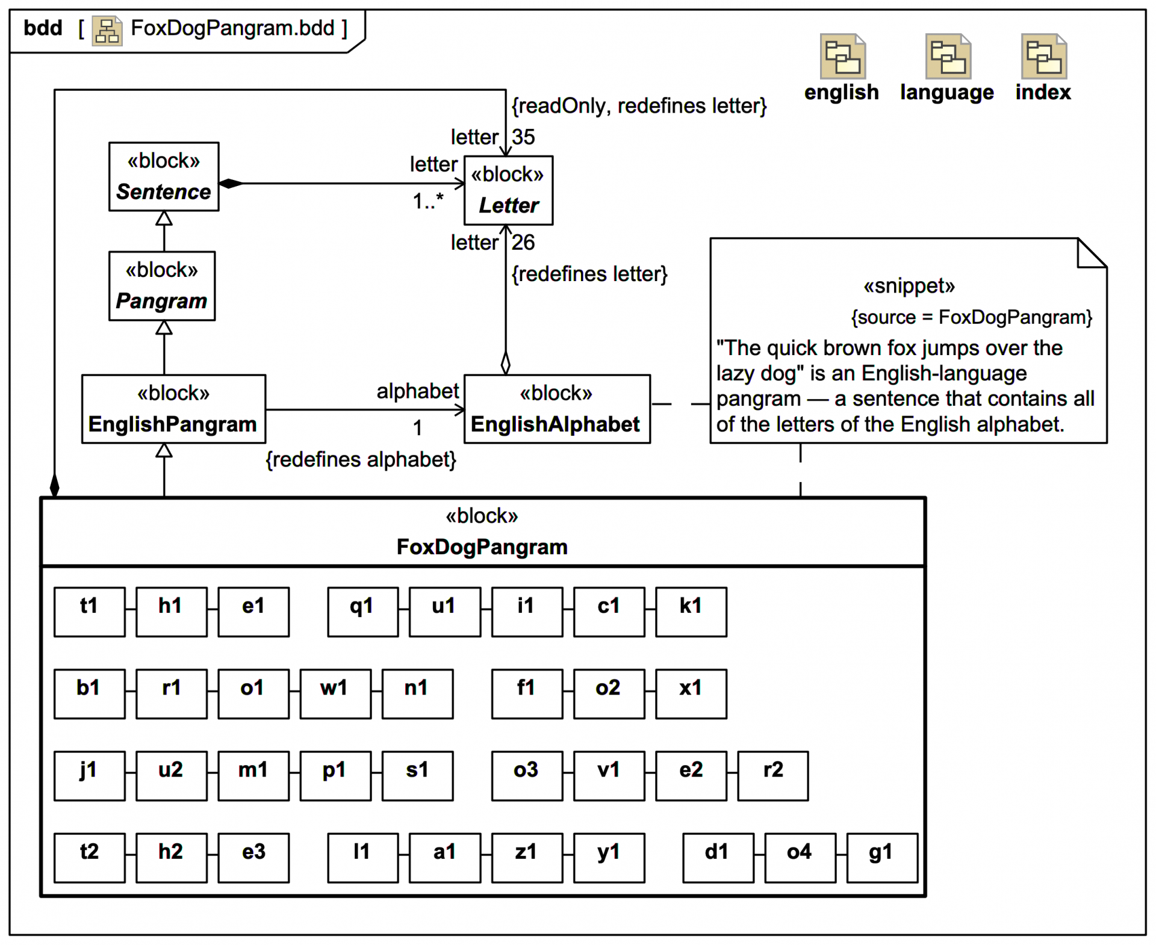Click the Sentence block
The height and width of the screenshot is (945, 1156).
click(163, 176)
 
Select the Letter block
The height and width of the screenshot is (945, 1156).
click(508, 190)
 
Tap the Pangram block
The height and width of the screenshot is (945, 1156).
click(161, 286)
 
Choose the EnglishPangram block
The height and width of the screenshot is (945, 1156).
click(173, 409)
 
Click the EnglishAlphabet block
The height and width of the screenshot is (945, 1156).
click(556, 409)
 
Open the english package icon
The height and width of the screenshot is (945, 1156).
click(842, 57)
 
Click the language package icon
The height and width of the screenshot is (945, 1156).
click(948, 57)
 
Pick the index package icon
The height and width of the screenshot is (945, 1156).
click(1043, 57)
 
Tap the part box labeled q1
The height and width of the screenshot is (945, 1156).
click(362, 612)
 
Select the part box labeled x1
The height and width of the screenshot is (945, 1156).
click(691, 693)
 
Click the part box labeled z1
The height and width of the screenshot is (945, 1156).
click(526, 857)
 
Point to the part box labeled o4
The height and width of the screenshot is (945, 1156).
click(800, 857)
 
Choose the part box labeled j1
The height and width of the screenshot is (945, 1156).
click(89, 775)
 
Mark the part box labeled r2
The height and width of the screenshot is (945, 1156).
click(772, 775)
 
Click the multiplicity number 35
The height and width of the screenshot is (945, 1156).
click(523, 137)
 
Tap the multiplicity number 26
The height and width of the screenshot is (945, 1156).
click(523, 243)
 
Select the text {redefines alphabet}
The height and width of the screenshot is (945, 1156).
click(361, 459)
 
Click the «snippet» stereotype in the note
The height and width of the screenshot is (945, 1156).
click(909, 286)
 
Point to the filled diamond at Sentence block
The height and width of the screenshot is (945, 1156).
click(231, 184)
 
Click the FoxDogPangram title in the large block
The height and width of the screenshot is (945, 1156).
click(482, 547)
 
